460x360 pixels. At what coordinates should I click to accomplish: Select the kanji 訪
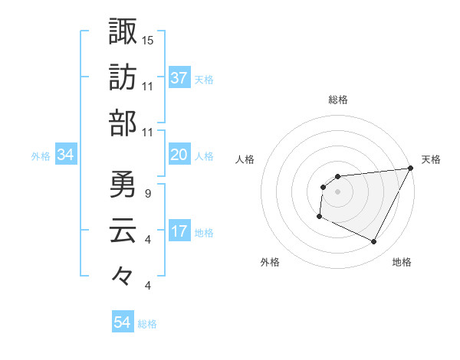click(x=123, y=77)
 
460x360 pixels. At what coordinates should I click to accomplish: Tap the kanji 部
click(x=123, y=123)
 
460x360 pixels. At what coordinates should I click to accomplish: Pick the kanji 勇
click(x=123, y=185)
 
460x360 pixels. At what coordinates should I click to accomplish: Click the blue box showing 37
click(x=179, y=78)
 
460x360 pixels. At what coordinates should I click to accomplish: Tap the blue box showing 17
click(x=179, y=232)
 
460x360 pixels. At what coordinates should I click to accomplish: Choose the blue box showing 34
click(x=66, y=155)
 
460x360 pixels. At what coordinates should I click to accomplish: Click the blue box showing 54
click(x=123, y=323)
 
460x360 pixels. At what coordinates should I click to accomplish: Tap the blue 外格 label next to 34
click(x=41, y=156)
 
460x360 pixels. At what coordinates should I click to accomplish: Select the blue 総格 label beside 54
click(x=147, y=324)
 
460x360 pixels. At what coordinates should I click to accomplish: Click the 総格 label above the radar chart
click(x=337, y=100)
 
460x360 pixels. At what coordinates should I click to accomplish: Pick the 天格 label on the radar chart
click(x=432, y=159)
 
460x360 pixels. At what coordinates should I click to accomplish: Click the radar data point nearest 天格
click(x=412, y=168)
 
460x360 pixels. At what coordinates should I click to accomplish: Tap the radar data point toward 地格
click(x=374, y=242)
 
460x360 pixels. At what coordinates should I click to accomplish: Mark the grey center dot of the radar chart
click(x=337, y=191)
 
